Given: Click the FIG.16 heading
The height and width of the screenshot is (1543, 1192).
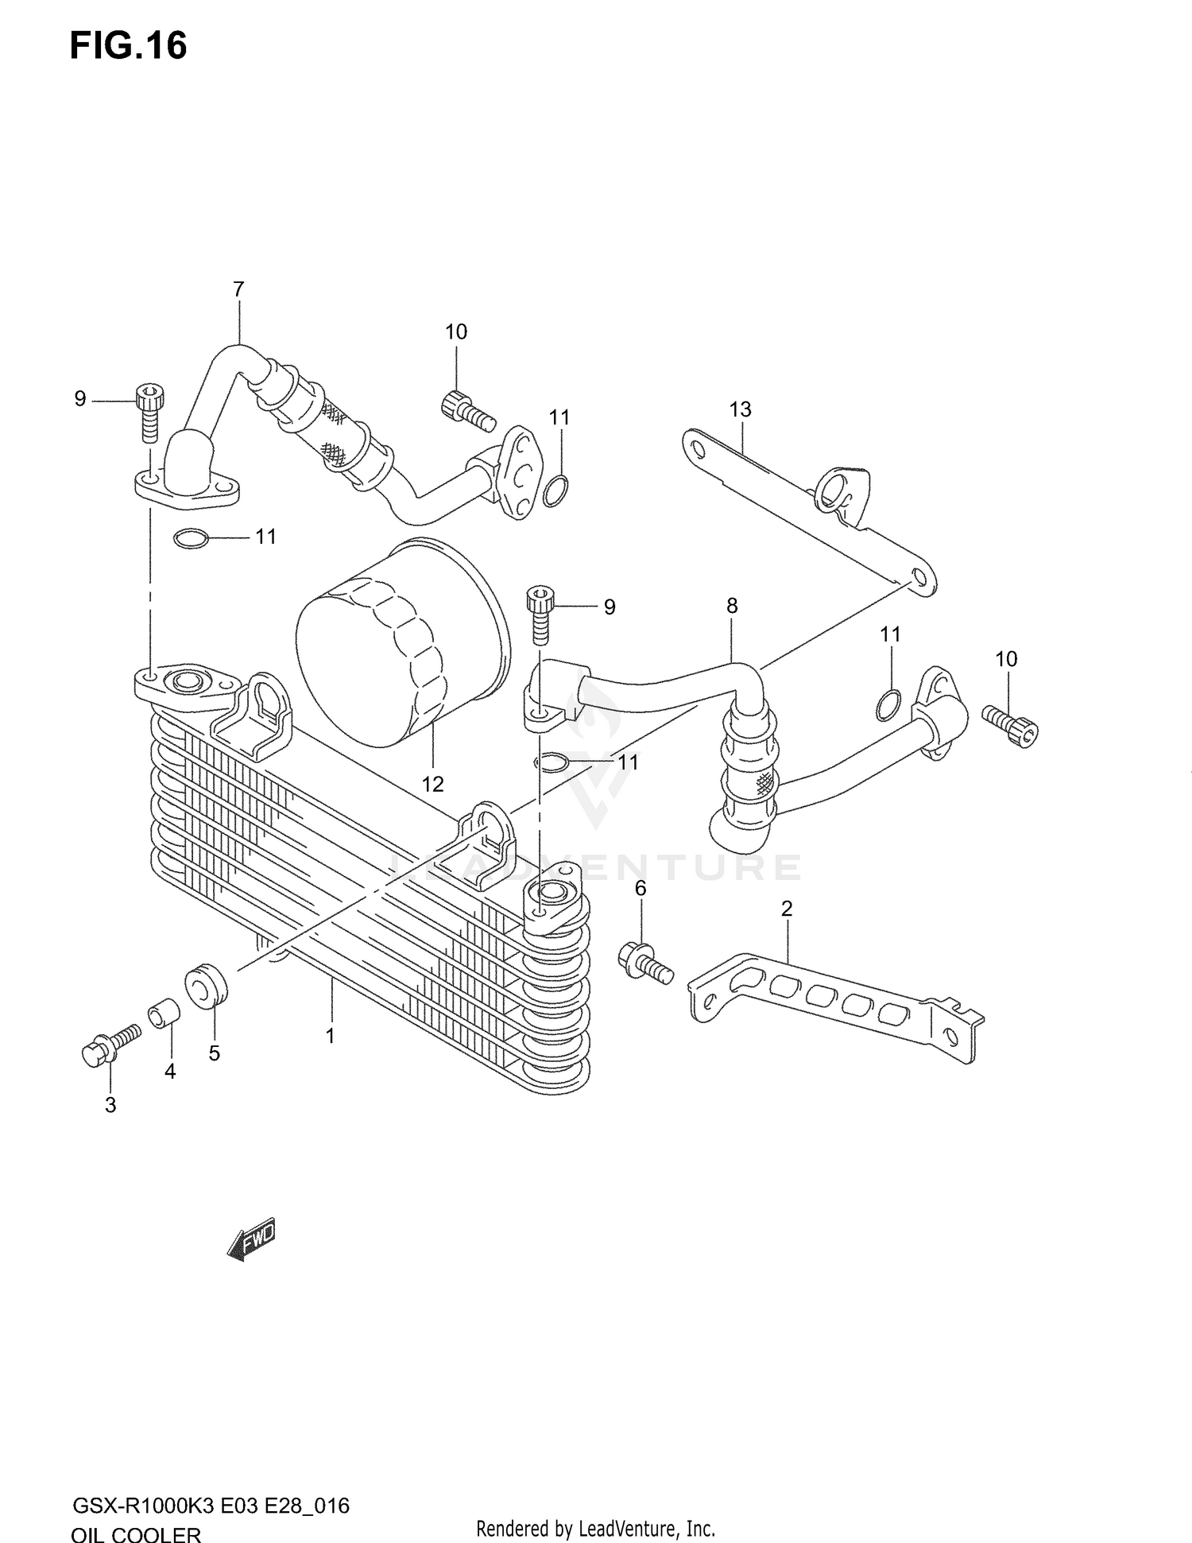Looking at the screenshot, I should tap(129, 46).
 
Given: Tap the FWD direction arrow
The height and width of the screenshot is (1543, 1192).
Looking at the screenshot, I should tap(252, 1239).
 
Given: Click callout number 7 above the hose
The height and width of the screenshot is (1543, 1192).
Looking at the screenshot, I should tap(238, 289).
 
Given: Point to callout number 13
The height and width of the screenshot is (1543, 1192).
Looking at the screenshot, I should tap(740, 409).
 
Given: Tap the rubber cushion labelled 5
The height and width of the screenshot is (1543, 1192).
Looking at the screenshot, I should tap(206, 986).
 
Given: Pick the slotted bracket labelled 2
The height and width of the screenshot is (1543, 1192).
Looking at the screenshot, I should tap(834, 1003).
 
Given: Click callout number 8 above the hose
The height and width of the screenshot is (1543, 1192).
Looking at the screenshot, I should tap(732, 606).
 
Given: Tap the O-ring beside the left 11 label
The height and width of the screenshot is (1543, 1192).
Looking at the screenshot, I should tap(191, 540).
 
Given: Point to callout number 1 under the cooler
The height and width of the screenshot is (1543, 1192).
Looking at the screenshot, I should tap(330, 1036).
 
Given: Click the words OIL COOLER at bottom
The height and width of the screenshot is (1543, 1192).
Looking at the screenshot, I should tap(136, 1533).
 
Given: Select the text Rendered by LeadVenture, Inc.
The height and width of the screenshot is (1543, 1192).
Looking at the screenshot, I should tap(595, 1528).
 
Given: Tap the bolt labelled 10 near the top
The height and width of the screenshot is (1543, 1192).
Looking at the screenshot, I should tap(467, 409).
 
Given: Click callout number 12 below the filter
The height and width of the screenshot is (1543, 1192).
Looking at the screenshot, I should tap(432, 784).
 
